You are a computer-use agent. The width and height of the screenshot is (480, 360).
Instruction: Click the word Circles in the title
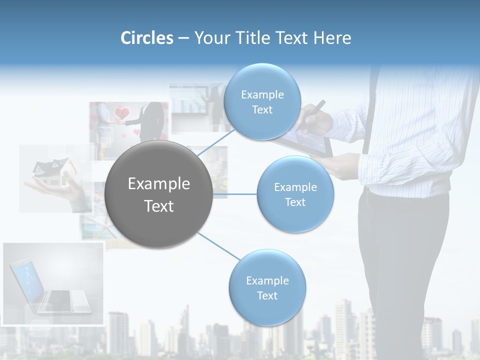146,38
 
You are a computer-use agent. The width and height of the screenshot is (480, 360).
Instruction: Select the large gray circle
158,194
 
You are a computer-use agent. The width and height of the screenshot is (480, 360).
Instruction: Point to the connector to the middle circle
234,194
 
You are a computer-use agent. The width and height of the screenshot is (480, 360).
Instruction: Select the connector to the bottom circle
218,245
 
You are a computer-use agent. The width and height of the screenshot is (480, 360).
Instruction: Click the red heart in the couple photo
122,113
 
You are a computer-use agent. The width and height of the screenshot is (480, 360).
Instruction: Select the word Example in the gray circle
158,183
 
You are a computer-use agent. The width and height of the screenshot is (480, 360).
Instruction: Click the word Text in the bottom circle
267,295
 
